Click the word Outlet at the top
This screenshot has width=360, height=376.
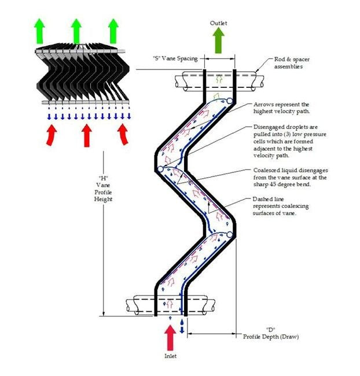(219, 23)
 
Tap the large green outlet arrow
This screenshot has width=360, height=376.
(219, 40)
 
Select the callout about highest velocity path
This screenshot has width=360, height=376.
(282, 109)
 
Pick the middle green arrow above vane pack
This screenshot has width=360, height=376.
(76, 30)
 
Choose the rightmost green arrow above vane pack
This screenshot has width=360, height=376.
(113, 30)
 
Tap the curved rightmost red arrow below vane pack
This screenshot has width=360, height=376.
(123, 134)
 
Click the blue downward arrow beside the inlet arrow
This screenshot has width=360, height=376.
(183, 325)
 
